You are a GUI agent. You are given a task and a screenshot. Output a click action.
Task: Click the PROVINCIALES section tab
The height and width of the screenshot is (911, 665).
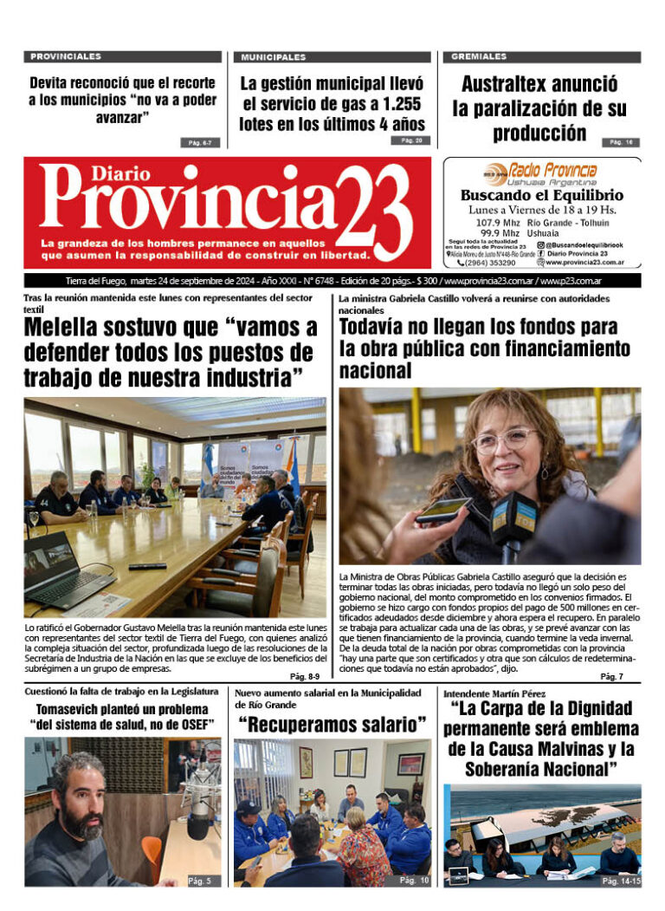66,56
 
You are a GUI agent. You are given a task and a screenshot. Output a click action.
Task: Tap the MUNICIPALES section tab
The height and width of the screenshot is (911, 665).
274,57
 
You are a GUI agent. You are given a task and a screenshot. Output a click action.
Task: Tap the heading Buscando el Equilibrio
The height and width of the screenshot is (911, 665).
541,195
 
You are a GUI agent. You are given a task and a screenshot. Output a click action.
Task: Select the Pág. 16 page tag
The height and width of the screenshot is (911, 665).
621,142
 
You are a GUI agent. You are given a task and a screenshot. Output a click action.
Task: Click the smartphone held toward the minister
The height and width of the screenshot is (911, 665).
442,510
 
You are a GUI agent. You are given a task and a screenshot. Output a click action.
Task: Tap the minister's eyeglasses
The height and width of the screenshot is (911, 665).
504,440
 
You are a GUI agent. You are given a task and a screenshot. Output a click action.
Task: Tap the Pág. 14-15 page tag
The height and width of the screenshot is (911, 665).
621,881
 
